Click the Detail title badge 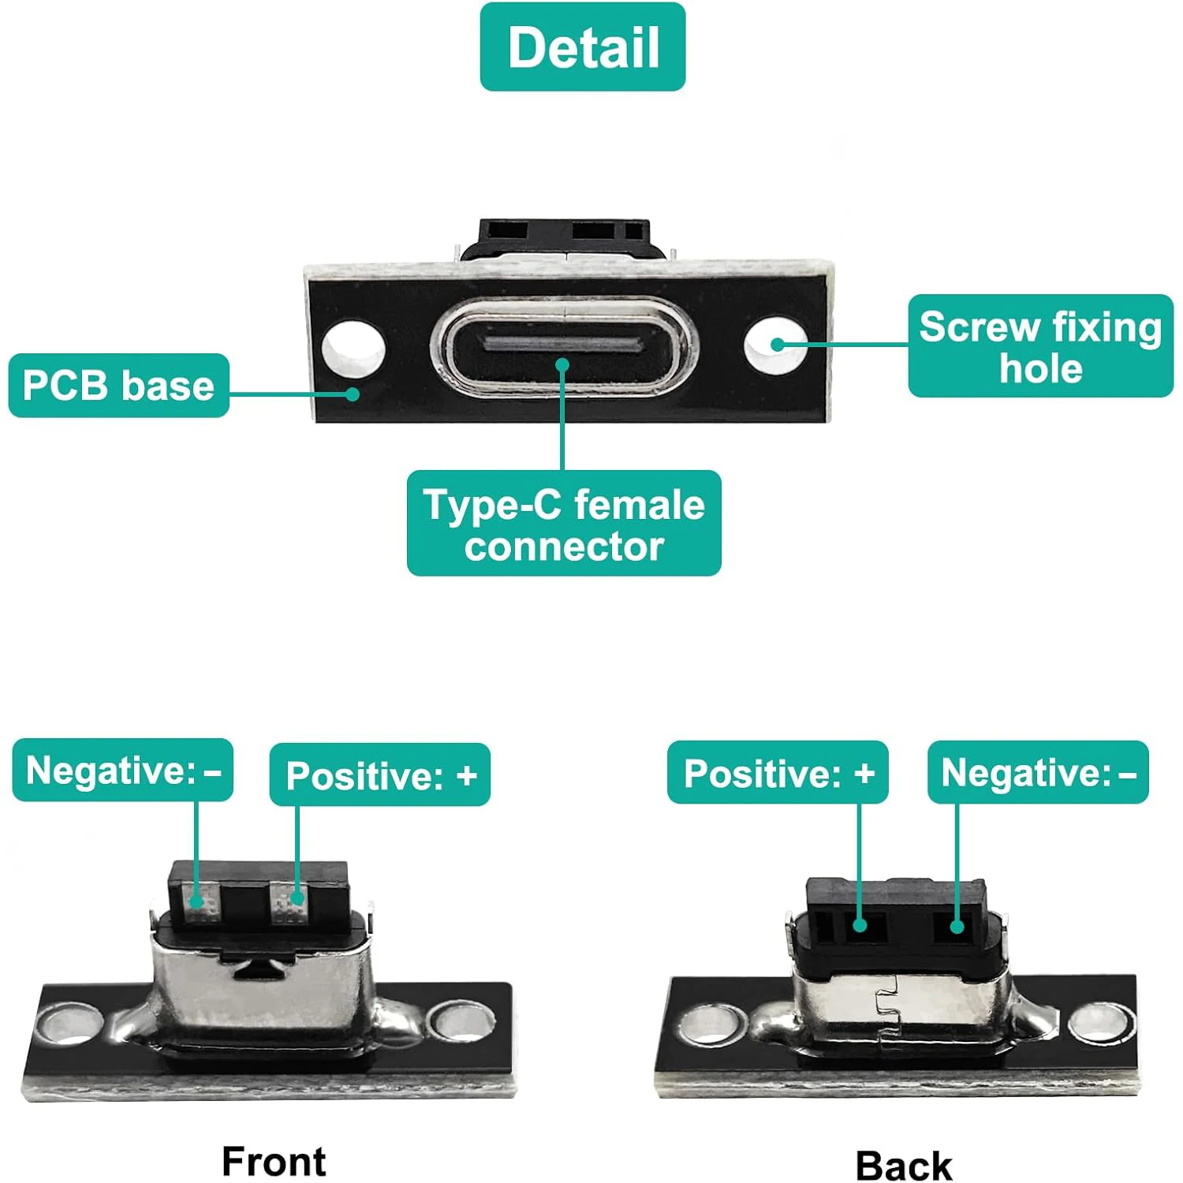pyautogui.click(x=583, y=47)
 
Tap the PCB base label pyautogui.click(x=119, y=386)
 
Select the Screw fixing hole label pyautogui.click(x=1040, y=346)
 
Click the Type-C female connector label pyautogui.click(x=564, y=524)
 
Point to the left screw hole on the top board pyautogui.click(x=353, y=348)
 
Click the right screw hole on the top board pyautogui.click(x=774, y=345)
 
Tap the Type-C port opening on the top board pyautogui.click(x=563, y=345)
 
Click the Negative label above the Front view pyautogui.click(x=123, y=771)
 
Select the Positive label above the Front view pyautogui.click(x=380, y=774)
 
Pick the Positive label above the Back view pyautogui.click(x=778, y=773)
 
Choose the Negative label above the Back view pyautogui.click(x=1038, y=773)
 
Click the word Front pyautogui.click(x=274, y=1161)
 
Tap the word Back pyautogui.click(x=904, y=1166)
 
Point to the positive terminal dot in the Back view pyautogui.click(x=860, y=925)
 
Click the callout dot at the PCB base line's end pyautogui.click(x=353, y=394)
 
